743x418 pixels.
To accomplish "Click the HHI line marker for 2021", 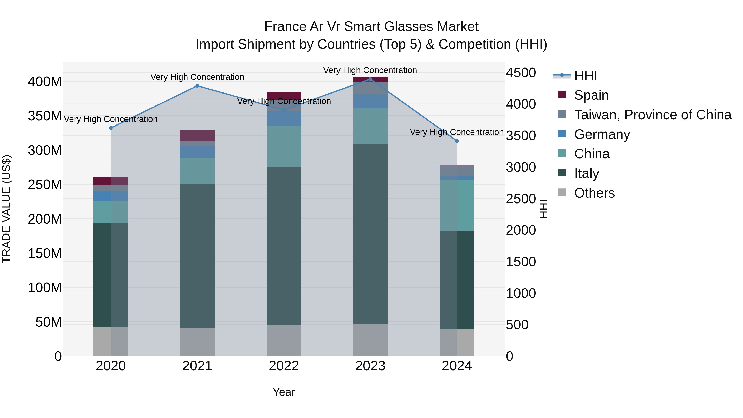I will (197, 86).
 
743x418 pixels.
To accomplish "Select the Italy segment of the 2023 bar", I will (370, 234).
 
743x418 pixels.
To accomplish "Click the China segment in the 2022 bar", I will (284, 146).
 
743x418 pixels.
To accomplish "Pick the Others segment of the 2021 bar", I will (197, 342).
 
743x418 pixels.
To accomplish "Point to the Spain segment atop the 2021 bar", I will (197, 136).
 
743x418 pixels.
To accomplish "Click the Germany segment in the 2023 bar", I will (370, 101).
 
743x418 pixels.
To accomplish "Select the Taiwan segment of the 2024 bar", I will (457, 171).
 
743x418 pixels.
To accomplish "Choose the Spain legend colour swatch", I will (562, 94).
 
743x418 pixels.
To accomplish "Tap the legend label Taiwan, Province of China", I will (652, 115).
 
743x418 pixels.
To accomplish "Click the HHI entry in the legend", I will (586, 76).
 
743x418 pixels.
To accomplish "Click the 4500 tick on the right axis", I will (521, 73).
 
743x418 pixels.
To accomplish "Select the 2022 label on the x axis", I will (284, 366).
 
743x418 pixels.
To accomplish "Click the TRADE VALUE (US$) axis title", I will (6, 209).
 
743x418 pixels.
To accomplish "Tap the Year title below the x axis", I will (284, 392).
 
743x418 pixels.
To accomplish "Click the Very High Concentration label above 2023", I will (370, 70).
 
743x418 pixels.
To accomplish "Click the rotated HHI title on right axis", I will (543, 209).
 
